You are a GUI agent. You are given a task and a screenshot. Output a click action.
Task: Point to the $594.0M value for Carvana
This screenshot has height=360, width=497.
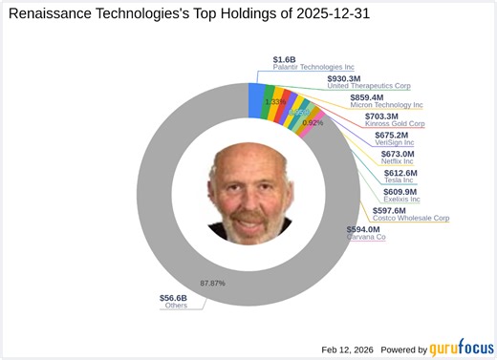(x=363, y=229)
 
